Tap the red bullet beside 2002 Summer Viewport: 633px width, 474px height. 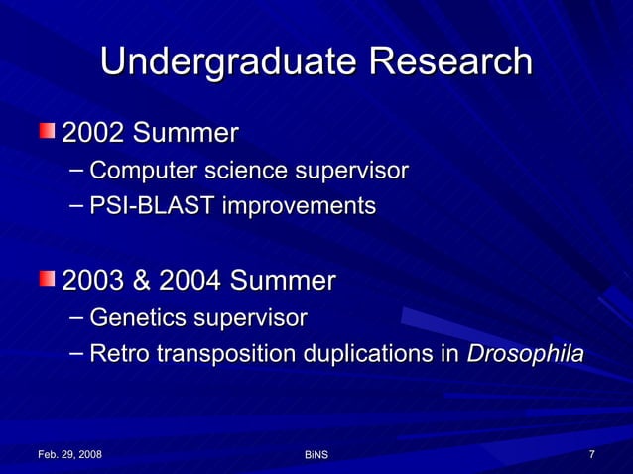48,131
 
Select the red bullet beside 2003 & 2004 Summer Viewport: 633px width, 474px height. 48,280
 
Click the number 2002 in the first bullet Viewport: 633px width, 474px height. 94,132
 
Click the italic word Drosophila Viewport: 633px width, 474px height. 525,354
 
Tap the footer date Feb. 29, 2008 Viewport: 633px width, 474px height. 69,454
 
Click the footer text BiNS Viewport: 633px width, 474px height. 316,454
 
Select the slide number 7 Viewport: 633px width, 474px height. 591,454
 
